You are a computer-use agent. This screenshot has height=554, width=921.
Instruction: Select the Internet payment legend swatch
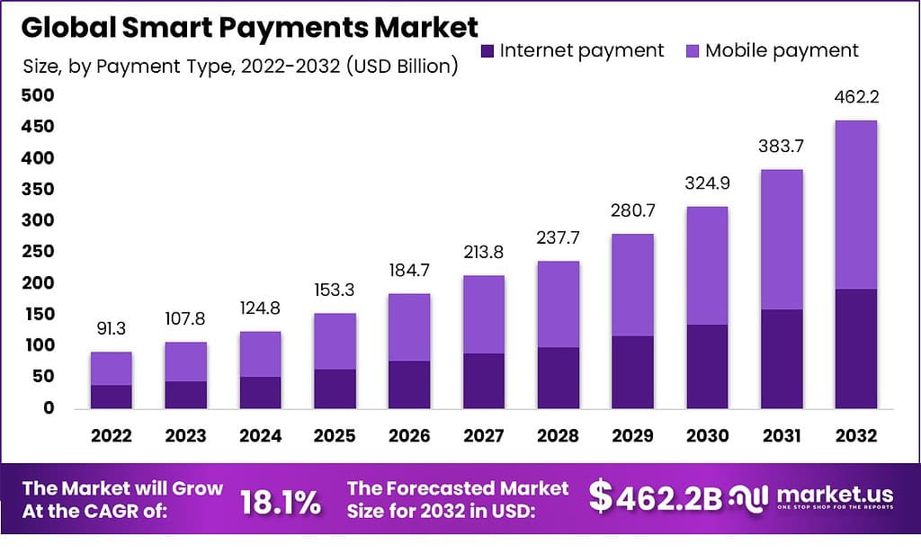tap(487, 50)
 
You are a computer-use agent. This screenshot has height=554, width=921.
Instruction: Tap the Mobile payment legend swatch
tap(693, 50)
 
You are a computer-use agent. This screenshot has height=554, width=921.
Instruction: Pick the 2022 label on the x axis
tap(112, 436)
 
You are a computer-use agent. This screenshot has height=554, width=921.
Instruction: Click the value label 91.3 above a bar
tap(112, 330)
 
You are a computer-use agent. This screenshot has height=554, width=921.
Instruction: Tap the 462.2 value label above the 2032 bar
tap(855, 98)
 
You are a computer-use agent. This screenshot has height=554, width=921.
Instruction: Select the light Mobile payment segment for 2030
tap(708, 265)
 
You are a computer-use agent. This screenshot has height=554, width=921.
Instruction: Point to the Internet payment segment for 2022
tap(112, 396)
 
